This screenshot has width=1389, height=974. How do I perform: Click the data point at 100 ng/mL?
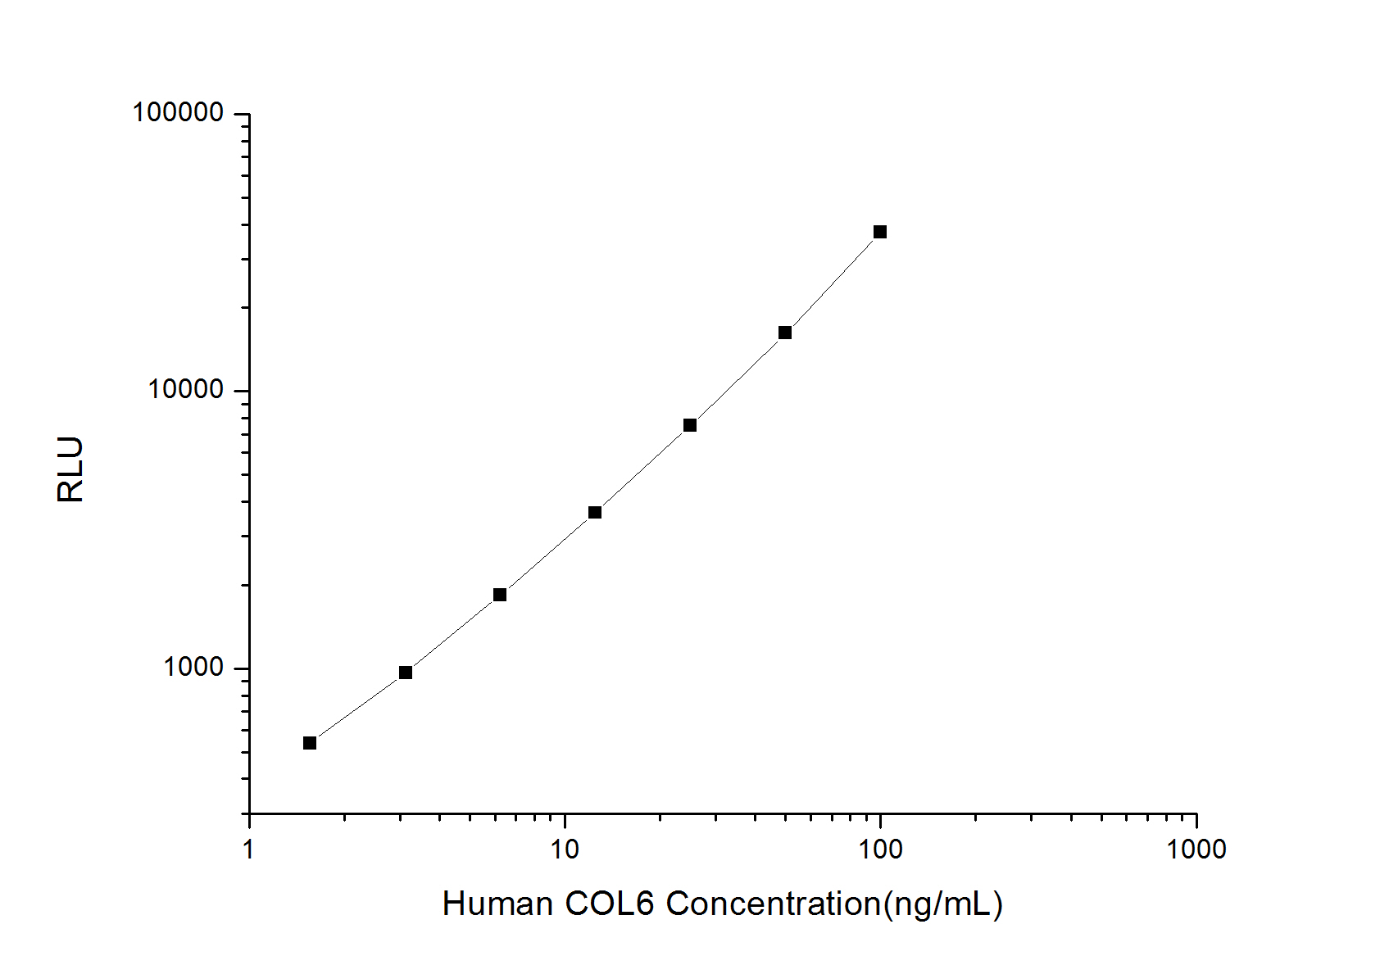point(880,232)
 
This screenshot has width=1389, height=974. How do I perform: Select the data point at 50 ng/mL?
point(785,333)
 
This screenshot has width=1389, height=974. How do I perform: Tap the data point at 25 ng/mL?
point(690,425)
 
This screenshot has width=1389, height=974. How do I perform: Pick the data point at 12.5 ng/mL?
point(595,513)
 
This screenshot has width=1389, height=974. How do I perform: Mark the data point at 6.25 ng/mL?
point(500,595)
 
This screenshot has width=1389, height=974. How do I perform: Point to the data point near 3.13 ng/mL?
point(406,673)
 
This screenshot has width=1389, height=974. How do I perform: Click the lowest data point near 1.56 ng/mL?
point(310,743)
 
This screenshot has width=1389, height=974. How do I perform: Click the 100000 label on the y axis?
point(178,113)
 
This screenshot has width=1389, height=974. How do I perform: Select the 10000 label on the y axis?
point(186,390)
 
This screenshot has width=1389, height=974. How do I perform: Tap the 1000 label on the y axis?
point(193,668)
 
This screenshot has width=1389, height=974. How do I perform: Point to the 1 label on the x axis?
point(249,849)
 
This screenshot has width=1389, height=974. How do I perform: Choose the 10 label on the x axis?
point(565,849)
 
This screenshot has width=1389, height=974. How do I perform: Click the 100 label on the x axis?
point(880,849)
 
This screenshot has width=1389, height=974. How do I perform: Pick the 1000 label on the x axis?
point(1196,849)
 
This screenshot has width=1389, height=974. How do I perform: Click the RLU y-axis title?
point(71,469)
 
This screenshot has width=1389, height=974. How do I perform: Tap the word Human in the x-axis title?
point(497,904)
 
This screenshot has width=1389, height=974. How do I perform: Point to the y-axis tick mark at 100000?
point(242,114)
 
